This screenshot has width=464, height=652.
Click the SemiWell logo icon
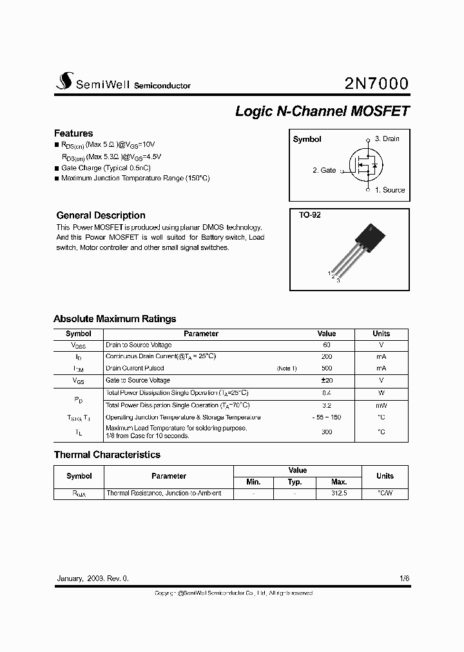(63, 81)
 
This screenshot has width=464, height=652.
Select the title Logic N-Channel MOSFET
(322, 111)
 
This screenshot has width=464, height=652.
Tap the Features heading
(73, 133)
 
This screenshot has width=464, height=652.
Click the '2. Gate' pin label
(324, 170)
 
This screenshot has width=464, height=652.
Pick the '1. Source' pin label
(389, 190)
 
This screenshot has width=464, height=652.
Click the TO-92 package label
(309, 215)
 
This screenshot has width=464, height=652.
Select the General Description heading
(101, 215)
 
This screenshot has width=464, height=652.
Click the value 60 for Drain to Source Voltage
(327, 345)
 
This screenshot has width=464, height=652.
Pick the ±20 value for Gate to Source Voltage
(327, 381)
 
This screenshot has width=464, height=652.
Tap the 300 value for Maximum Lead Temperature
(327, 432)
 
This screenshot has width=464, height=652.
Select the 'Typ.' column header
(295, 482)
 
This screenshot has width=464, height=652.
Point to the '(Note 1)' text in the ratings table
(287, 369)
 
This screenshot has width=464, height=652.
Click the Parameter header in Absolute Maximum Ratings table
(201, 334)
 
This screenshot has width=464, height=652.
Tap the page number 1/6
(404, 579)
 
